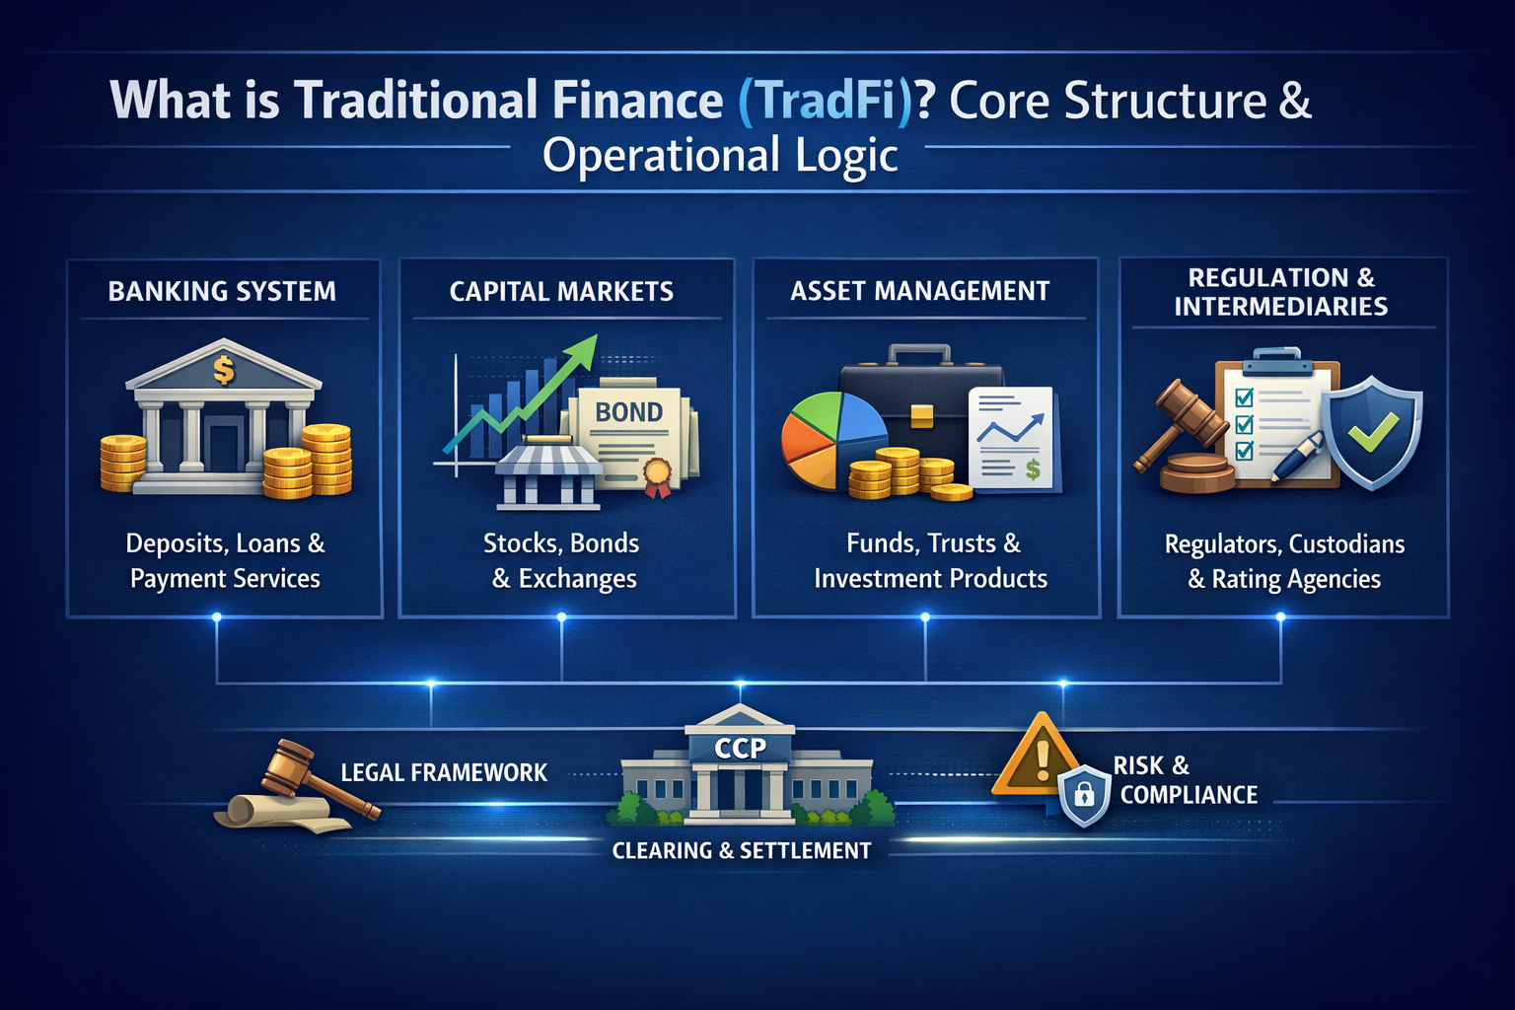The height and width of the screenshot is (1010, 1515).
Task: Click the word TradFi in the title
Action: pyautogui.click(x=826, y=101)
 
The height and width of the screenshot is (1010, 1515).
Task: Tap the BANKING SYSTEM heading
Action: pyautogui.click(x=222, y=291)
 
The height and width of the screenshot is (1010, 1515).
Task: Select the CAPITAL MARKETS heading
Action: pyautogui.click(x=561, y=291)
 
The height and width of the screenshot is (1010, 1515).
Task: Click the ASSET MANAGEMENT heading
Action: pyautogui.click(x=919, y=291)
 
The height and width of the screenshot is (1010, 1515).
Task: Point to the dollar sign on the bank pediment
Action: pyautogui.click(x=224, y=370)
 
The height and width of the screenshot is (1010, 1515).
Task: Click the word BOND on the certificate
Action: pyautogui.click(x=628, y=412)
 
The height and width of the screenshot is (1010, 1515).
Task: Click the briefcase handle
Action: pyautogui.click(x=919, y=352)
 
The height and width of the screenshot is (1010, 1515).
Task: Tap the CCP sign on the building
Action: pyautogui.click(x=740, y=749)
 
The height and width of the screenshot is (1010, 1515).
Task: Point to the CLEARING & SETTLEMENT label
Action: pyautogui.click(x=742, y=850)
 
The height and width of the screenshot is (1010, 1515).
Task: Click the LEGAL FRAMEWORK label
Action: pyautogui.click(x=444, y=772)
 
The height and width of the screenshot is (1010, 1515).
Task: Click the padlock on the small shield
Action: pyautogui.click(x=1084, y=794)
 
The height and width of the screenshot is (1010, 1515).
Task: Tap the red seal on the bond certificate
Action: pyautogui.click(x=657, y=473)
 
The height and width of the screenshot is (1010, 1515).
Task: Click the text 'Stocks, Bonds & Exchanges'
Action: pyautogui.click(x=562, y=560)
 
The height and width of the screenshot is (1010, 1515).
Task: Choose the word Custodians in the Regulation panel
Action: pyautogui.click(x=1346, y=544)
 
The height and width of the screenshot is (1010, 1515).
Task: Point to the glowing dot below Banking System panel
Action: pyautogui.click(x=217, y=617)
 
